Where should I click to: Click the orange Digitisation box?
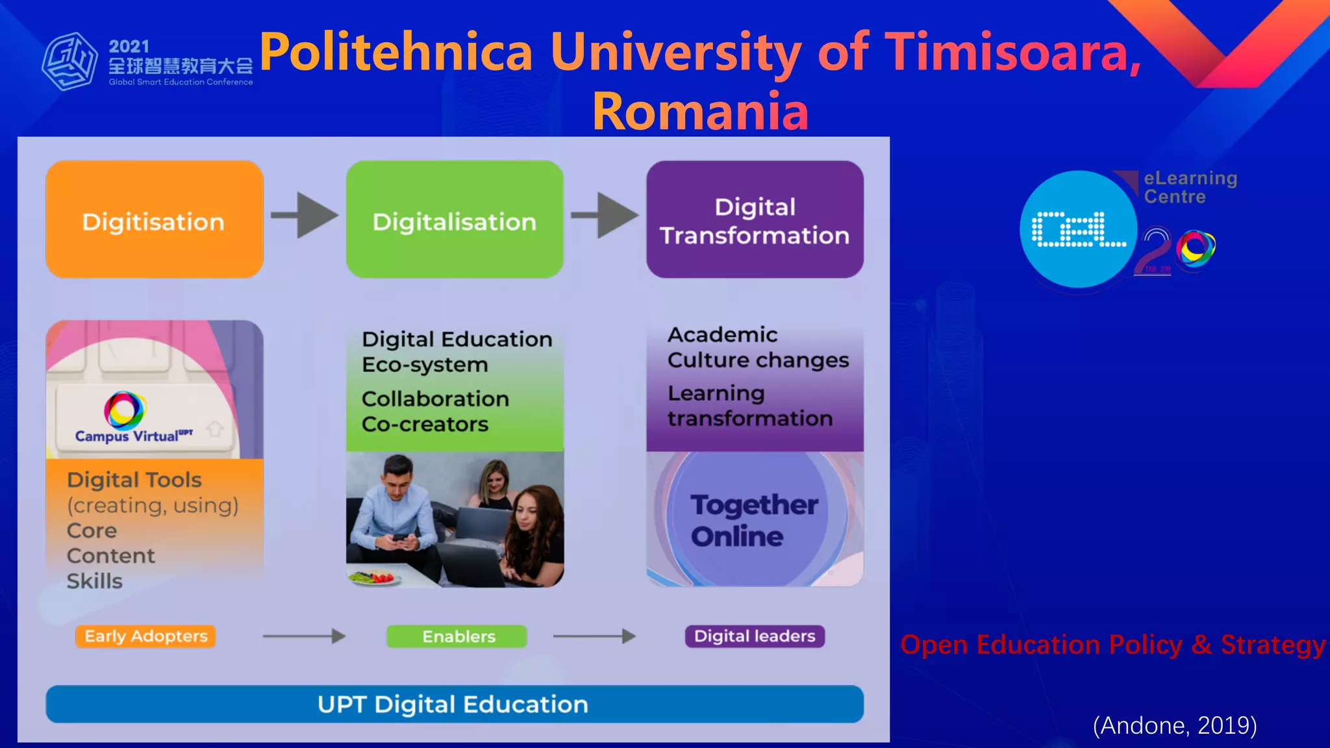coord(154,219)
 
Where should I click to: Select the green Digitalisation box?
coord(455,219)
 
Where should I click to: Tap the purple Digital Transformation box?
coord(755,219)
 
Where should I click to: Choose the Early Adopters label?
coord(145,636)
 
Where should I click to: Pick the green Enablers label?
coord(457,636)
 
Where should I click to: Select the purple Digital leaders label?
coord(755,636)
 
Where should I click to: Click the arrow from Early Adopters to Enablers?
coord(304,636)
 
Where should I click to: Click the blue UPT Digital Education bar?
coord(455,704)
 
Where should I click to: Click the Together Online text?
coord(753,521)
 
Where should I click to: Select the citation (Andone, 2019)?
coord(1175,725)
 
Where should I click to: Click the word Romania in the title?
coord(700,111)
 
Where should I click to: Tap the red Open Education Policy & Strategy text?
coord(1112,645)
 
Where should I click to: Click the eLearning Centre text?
coord(1190,187)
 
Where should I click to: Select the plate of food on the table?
coord(375,577)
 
